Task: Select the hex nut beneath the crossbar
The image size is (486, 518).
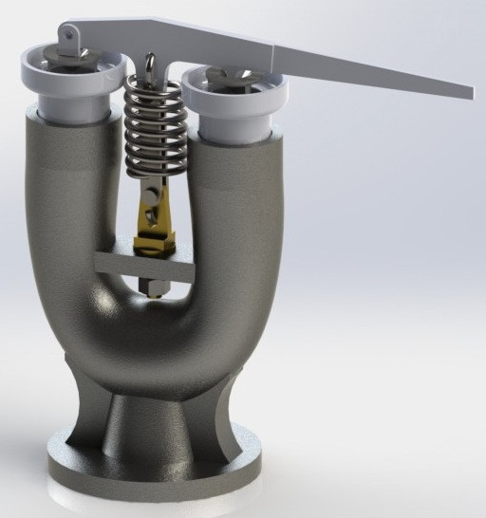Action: click(x=152, y=286)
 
